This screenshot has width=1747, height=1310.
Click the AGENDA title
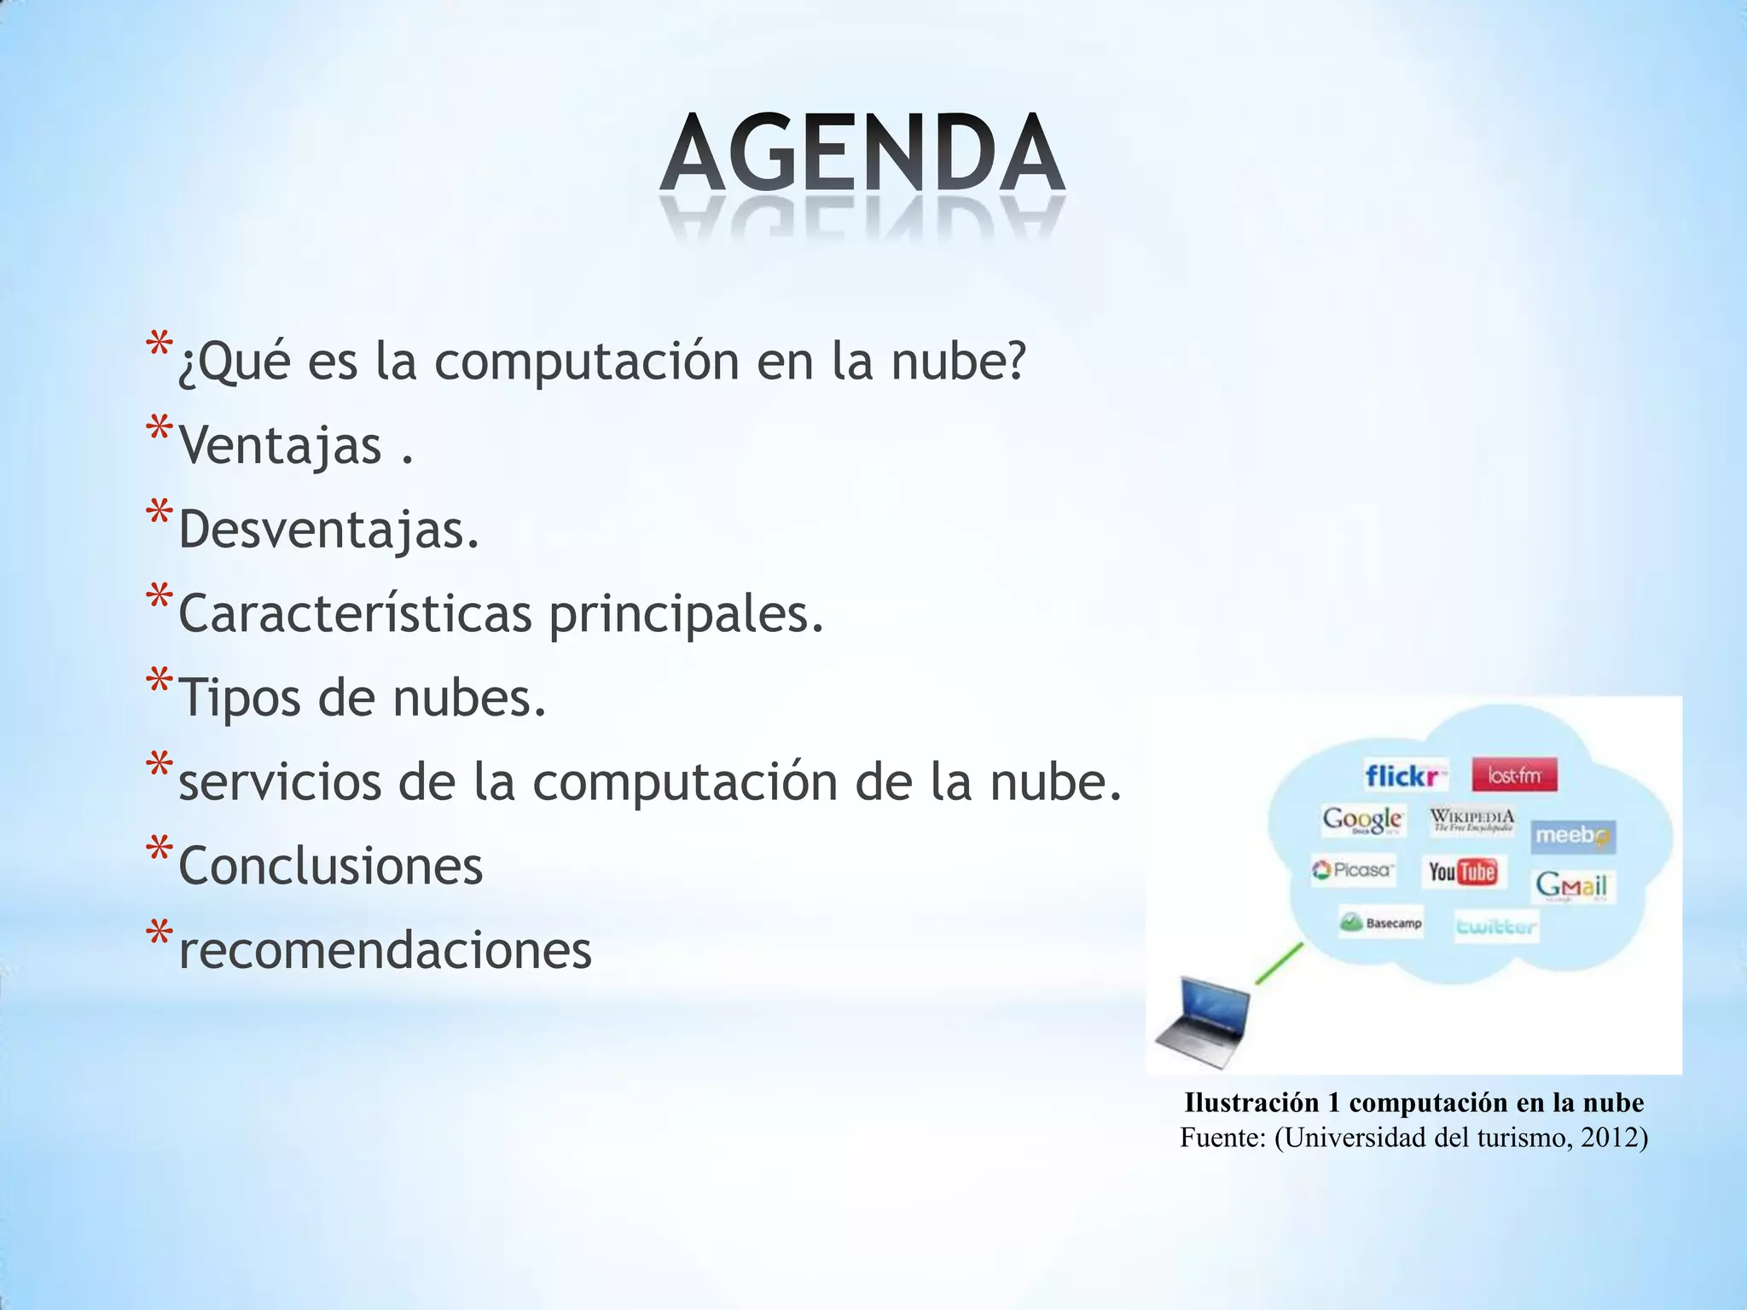pos(862,154)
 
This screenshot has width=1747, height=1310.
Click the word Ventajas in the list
pos(280,445)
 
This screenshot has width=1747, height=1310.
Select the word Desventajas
pos(328,529)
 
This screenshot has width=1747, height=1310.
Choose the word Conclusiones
pos(330,866)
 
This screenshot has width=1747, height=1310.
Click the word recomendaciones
pos(385,949)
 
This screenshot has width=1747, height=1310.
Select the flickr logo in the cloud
pos(1406,775)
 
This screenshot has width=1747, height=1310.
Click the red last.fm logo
pos(1514,775)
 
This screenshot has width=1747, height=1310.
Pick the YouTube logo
pos(1462,871)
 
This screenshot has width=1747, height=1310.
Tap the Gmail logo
pos(1571,885)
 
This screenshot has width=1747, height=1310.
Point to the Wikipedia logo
pos(1472,820)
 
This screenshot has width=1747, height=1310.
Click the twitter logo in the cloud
pos(1496,926)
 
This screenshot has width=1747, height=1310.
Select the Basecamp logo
pos(1381,923)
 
